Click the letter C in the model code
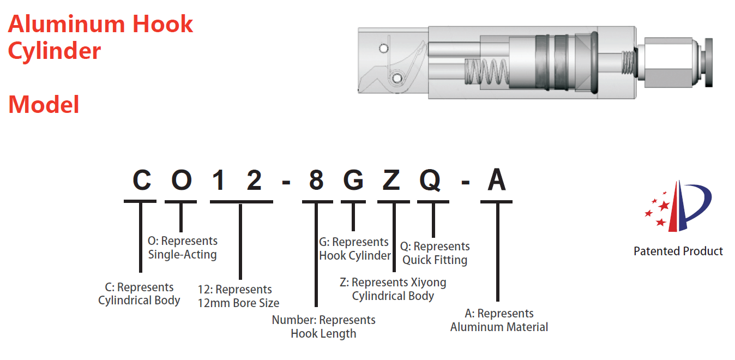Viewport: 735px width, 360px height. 142,180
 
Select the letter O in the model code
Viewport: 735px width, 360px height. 182,180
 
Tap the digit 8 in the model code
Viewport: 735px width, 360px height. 316,180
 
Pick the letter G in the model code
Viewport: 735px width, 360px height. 353,180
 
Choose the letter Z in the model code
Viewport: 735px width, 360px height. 391,180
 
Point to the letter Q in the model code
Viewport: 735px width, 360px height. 430,181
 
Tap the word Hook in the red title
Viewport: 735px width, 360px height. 162,24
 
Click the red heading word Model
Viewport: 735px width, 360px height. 44,105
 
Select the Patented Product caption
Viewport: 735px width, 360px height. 678,251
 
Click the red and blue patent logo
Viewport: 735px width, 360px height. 678,206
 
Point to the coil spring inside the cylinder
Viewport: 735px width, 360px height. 486,71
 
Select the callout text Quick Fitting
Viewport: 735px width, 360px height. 435,260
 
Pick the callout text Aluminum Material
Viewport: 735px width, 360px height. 499,327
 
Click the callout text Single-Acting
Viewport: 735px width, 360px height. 183,254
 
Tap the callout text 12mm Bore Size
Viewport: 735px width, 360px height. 238,303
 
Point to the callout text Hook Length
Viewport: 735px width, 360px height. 323,333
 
